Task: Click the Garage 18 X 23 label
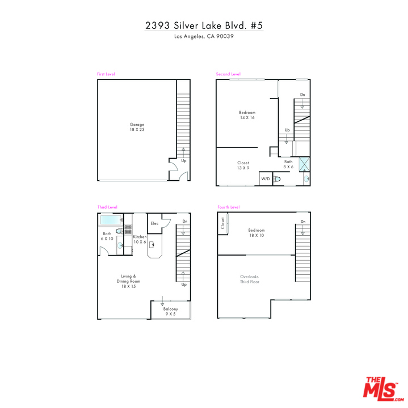tap(137, 127)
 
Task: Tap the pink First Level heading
tap(106, 74)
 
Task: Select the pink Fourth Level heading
tap(229, 207)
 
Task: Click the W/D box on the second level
tap(266, 178)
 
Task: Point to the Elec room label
tap(154, 223)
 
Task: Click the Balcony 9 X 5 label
tap(171, 312)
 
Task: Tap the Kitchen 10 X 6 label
tap(140, 239)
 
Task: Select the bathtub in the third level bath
tap(111, 220)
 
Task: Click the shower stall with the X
tap(304, 164)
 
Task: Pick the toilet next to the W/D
tap(277, 179)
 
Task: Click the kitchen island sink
tap(152, 245)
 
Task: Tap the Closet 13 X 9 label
tap(243, 165)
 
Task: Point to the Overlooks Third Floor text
tap(250, 279)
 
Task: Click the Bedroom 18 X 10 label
tap(256, 233)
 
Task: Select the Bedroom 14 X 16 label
tap(247, 115)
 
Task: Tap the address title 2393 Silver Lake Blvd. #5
tap(204, 25)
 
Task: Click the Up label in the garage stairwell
tap(184, 161)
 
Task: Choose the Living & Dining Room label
tap(128, 281)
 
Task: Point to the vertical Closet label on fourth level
tap(223, 223)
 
